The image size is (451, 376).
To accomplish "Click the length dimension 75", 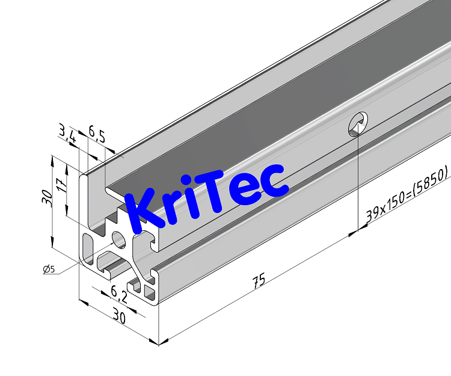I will tap(259, 281).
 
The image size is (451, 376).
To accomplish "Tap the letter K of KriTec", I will tap(144, 211).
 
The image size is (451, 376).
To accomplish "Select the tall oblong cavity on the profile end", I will tap(88, 250).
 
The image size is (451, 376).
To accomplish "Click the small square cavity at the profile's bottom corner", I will tap(149, 294).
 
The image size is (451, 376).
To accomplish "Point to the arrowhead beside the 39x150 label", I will tap(361, 226).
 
